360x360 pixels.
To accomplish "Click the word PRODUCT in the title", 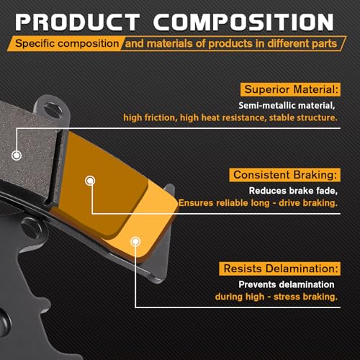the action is click(x=78, y=22).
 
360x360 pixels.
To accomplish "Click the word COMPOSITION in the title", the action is click(x=243, y=22).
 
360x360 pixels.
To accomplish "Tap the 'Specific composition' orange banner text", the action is click(x=67, y=43).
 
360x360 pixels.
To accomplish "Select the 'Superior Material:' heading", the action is click(x=291, y=89).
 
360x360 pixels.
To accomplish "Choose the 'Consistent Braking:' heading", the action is click(x=285, y=175).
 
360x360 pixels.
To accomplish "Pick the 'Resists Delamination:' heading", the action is click(x=281, y=269).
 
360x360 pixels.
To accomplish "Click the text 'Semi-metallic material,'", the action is click(x=287, y=105).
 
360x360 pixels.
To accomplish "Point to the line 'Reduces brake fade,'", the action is click(x=293, y=191).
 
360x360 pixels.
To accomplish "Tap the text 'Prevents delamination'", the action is click(x=287, y=284).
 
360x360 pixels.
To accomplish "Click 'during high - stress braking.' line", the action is click(x=276, y=297).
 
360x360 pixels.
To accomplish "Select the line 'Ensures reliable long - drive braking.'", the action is click(x=258, y=203).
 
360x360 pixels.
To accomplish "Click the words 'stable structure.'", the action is click(x=303, y=117).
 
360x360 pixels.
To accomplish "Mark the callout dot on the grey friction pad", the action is click(x=17, y=156).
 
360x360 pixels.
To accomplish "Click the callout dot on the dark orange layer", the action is click(x=90, y=181).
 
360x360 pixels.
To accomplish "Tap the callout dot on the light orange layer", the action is click(x=135, y=241).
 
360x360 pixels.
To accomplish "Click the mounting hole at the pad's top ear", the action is click(x=53, y=109).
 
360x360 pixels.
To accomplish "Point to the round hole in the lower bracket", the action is click(x=31, y=227).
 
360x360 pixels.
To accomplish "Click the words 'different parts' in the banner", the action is click(x=302, y=43).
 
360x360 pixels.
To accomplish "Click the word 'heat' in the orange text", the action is click(x=211, y=117).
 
